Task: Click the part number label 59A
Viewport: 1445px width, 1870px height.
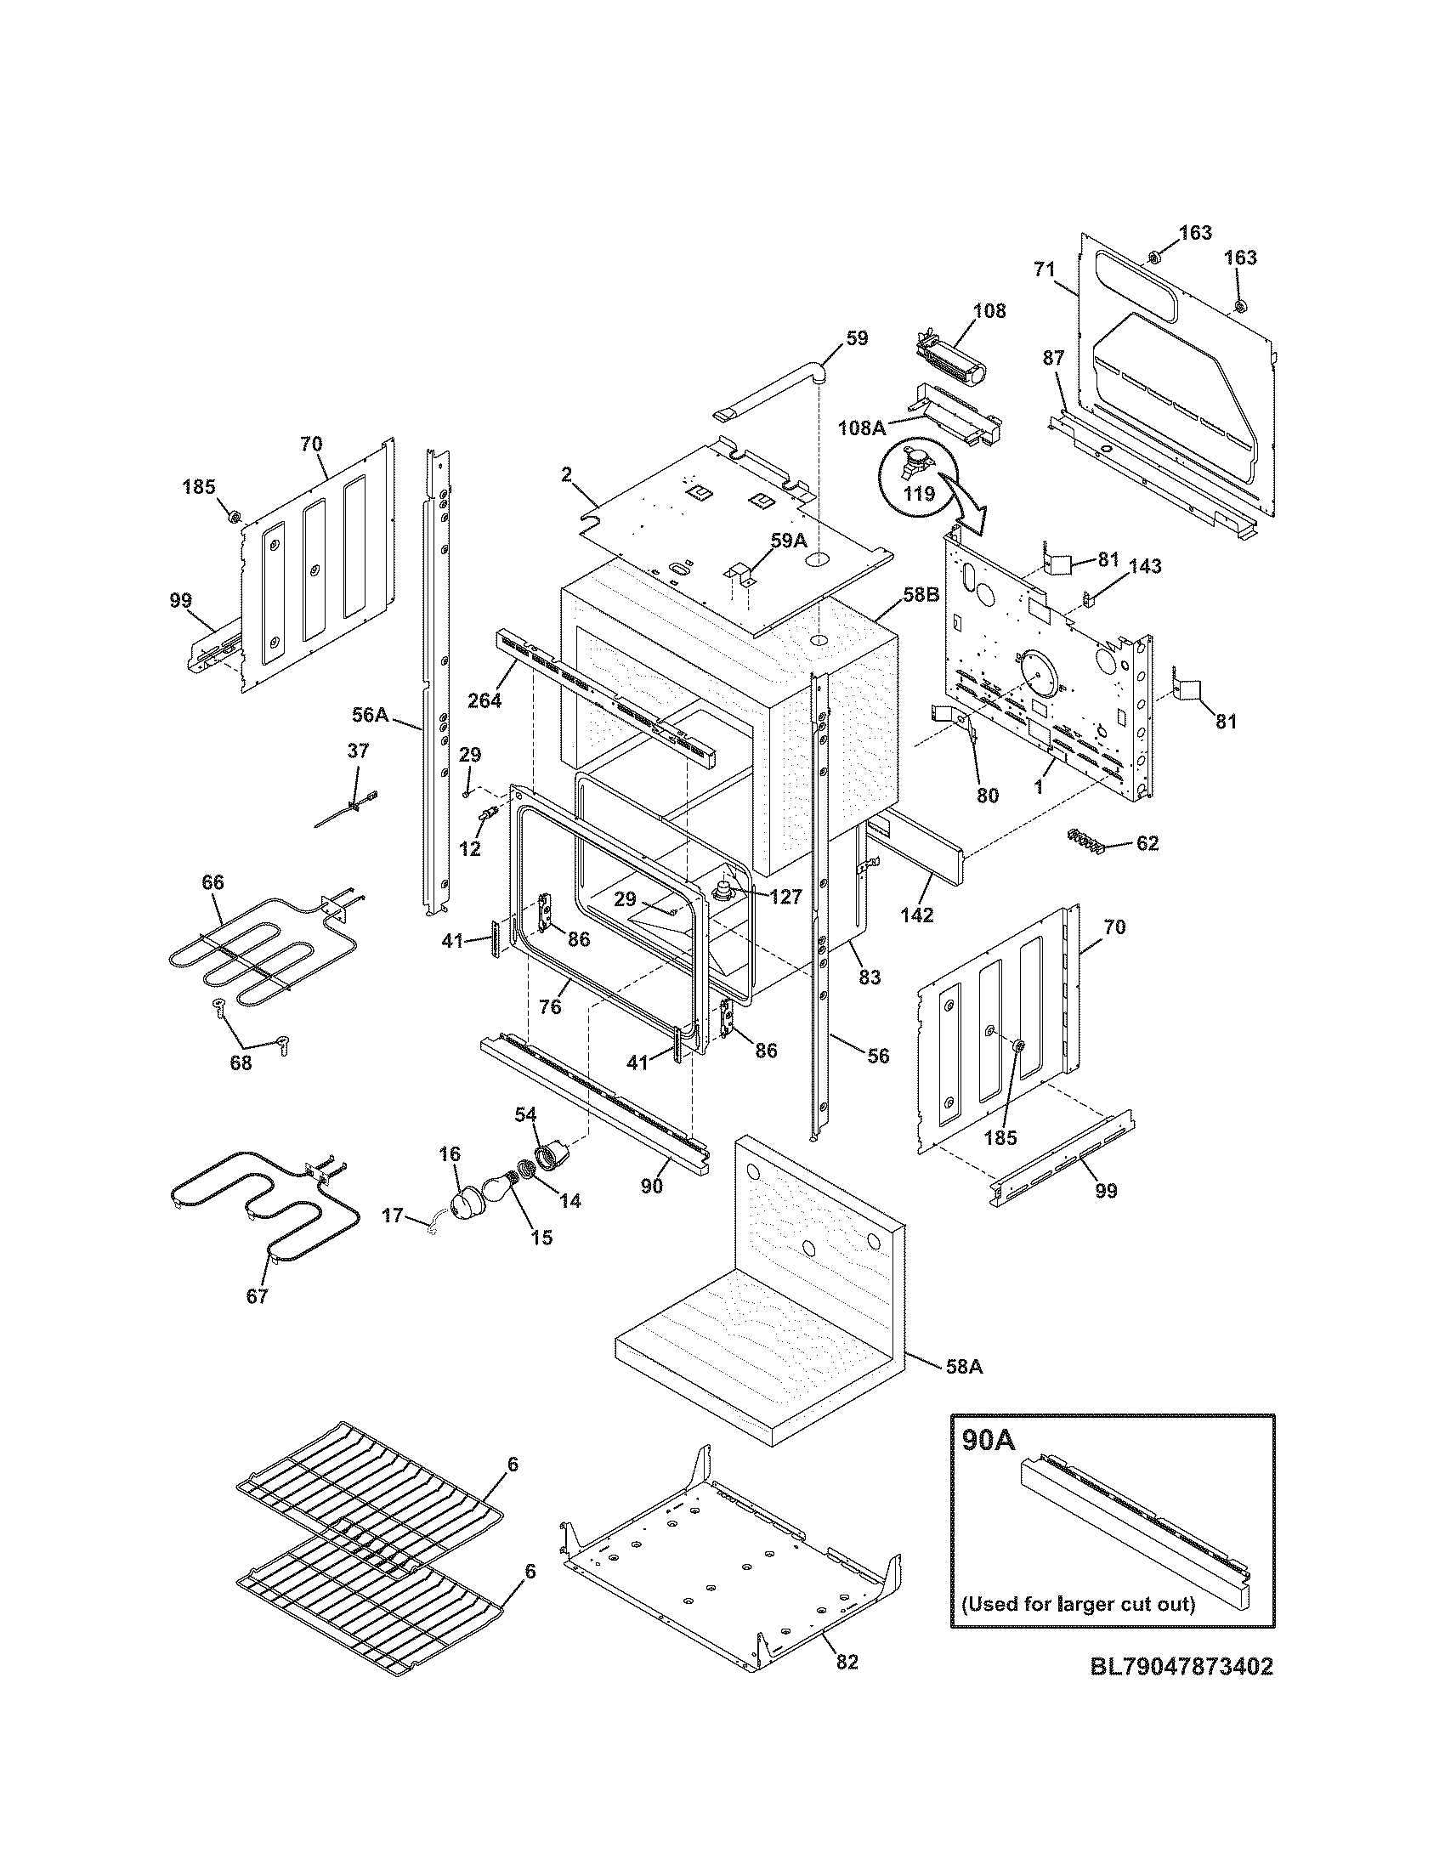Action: [788, 541]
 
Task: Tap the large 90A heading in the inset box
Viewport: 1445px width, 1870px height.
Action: [989, 1440]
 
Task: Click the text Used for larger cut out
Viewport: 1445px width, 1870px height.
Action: [1078, 1603]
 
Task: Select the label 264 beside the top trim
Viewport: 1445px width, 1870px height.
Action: [485, 700]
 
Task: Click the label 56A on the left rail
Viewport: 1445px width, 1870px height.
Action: [371, 714]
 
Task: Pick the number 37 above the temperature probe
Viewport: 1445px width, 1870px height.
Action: [358, 751]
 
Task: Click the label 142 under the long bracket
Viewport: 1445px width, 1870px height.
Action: [917, 915]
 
